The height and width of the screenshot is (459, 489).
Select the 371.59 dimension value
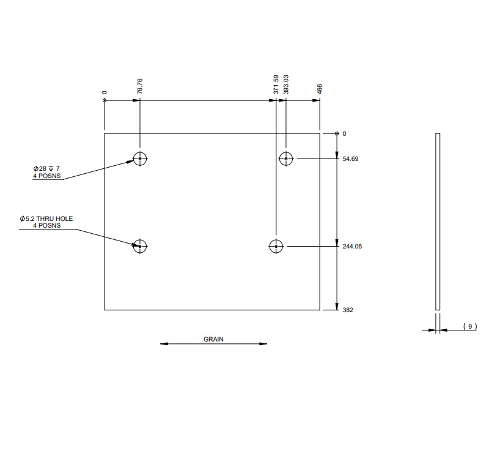(x=276, y=84)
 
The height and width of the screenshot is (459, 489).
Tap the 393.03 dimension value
(x=286, y=84)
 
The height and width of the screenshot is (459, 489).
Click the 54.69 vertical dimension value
(x=351, y=159)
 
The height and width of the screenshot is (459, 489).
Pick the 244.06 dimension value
(x=353, y=246)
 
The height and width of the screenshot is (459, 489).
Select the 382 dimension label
(x=348, y=310)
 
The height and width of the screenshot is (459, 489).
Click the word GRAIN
(x=214, y=338)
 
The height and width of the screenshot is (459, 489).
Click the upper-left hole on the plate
(x=140, y=159)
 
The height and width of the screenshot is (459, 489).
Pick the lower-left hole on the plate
(x=140, y=246)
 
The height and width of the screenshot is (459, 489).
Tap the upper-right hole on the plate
(x=285, y=159)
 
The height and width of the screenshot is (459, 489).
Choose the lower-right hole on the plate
(x=276, y=246)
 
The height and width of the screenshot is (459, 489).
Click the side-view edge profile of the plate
(x=437, y=220)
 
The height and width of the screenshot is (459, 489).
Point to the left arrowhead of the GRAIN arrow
(x=163, y=344)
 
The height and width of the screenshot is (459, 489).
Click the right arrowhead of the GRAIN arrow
(x=265, y=344)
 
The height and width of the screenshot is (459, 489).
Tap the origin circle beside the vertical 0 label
(x=336, y=133)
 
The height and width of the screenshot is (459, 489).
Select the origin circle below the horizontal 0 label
(x=105, y=100)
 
